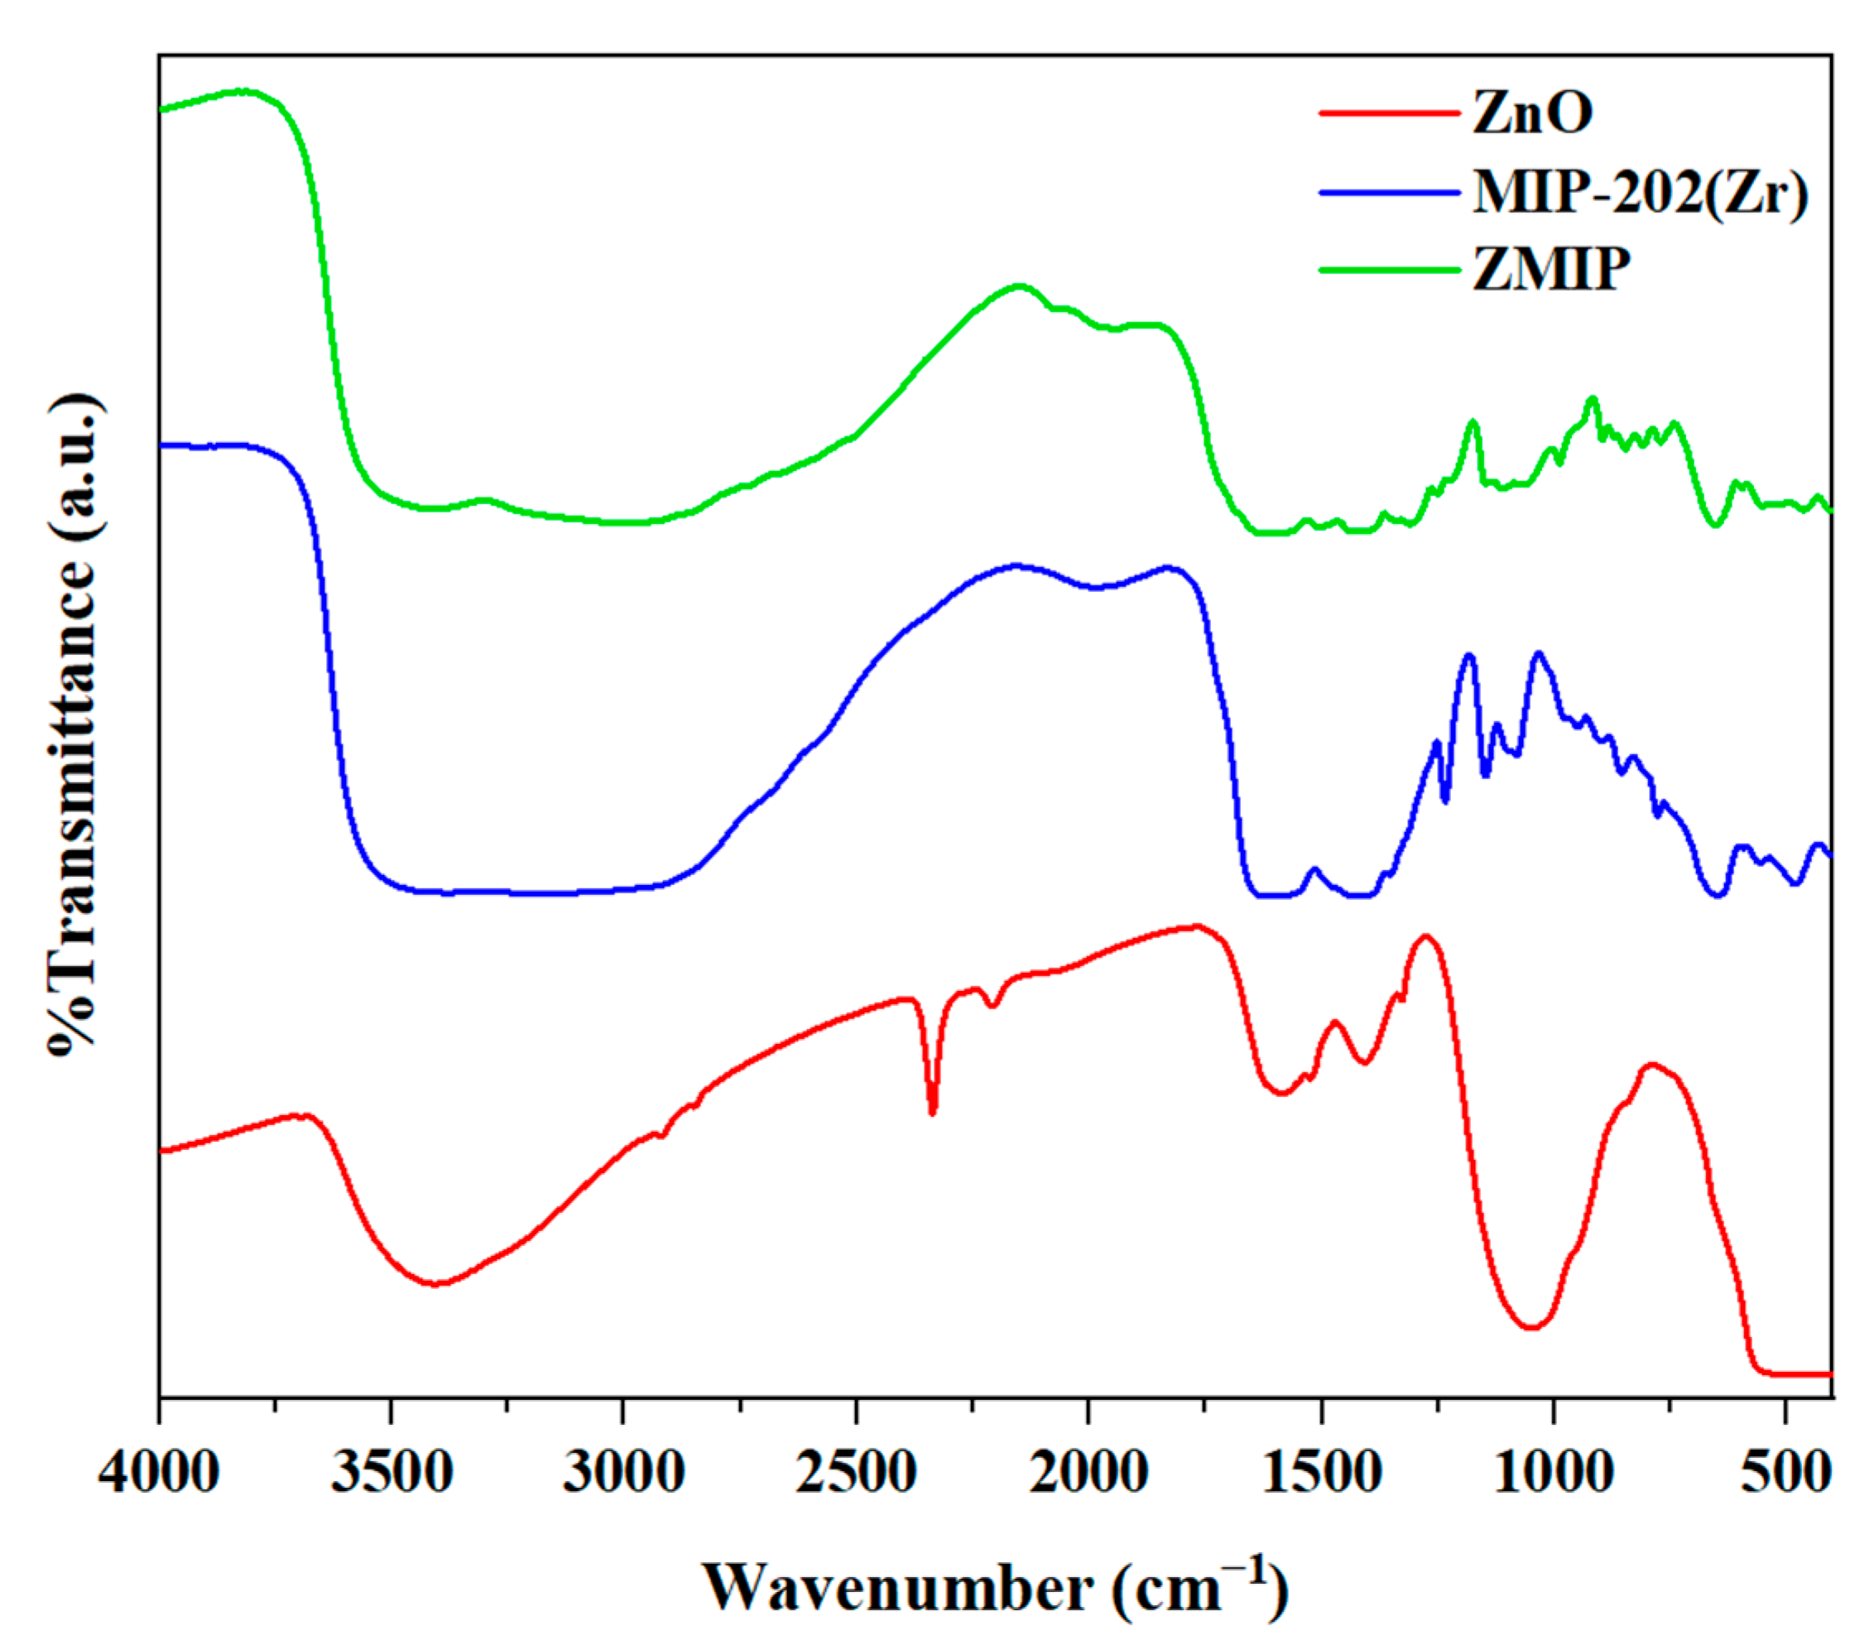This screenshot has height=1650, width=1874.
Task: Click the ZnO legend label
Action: click(1532, 113)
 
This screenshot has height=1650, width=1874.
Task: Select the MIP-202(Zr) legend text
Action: click(1641, 193)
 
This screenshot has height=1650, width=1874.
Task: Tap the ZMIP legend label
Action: click(1551, 270)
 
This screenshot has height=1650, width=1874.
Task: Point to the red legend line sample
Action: click(1389, 113)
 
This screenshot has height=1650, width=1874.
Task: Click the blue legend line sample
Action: click(1389, 193)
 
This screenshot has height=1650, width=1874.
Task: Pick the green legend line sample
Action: click(1389, 270)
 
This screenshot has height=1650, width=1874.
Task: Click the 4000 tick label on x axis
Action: click(160, 1474)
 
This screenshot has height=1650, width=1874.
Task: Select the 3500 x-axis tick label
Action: click(392, 1474)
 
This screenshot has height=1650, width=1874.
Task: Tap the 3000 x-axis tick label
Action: click(623, 1474)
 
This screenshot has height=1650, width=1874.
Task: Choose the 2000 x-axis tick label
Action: click(1088, 1474)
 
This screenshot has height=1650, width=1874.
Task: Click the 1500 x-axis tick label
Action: click(1321, 1474)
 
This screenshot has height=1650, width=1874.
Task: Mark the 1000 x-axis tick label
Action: click(1553, 1474)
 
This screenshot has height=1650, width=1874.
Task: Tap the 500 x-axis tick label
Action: click(1786, 1474)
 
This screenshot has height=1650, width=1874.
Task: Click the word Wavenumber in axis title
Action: click(897, 1590)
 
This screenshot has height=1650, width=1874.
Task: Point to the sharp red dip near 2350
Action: click(932, 1113)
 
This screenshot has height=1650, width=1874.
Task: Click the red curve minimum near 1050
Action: click(1530, 1327)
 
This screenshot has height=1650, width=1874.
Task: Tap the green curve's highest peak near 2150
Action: click(1017, 286)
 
